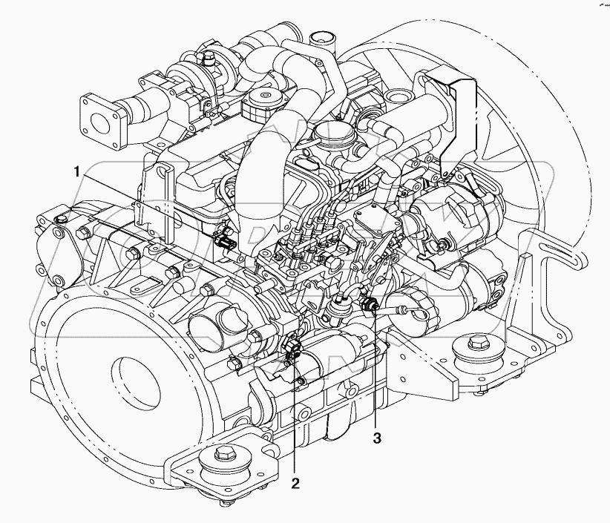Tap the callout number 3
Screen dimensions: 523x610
pyautogui.click(x=378, y=438)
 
